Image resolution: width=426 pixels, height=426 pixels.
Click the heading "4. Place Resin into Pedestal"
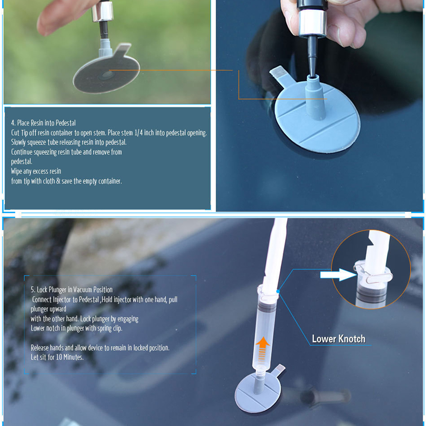pyautogui.click(x=43, y=123)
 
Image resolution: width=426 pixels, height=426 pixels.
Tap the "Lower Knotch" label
pyautogui.click(x=338, y=339)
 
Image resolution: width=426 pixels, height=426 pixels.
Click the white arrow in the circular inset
pyautogui.click(x=338, y=275)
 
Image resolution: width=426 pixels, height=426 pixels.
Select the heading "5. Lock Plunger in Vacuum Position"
pyautogui.click(x=71, y=290)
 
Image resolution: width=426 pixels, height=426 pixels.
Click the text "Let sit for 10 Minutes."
pyautogui.click(x=57, y=357)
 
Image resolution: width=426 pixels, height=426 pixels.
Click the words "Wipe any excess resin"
pyautogui.click(x=36, y=171)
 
